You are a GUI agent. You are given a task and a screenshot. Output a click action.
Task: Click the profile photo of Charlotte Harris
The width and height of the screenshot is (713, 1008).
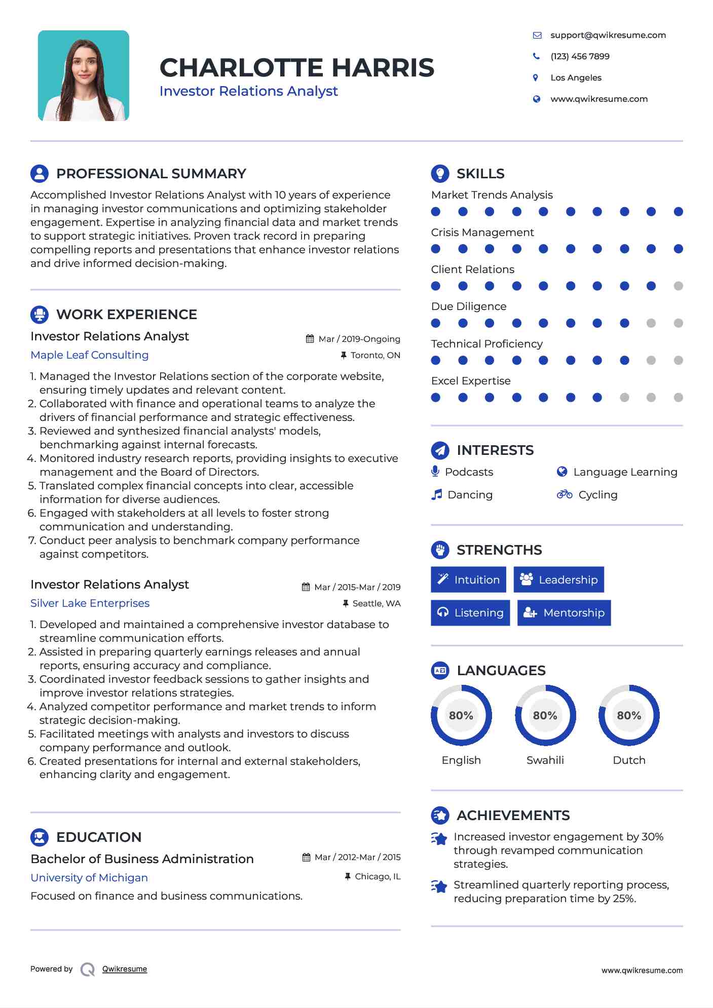[84, 75]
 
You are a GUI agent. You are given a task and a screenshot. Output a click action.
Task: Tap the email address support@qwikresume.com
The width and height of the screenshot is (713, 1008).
[608, 35]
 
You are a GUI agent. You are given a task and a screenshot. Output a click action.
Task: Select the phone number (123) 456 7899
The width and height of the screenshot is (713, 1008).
[580, 56]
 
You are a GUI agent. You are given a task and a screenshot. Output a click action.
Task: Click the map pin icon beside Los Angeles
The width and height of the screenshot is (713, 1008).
[536, 77]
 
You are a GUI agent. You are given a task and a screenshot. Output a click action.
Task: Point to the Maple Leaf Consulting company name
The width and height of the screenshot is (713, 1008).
[89, 355]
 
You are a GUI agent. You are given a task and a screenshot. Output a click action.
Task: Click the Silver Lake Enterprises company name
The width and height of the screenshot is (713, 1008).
[90, 603]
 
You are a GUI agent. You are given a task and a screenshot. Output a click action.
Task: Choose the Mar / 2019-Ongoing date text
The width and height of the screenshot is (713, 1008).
[359, 339]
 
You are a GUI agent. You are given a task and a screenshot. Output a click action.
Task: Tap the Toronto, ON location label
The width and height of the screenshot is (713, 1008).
[375, 355]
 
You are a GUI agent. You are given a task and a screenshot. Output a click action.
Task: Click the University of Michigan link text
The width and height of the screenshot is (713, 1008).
[89, 878]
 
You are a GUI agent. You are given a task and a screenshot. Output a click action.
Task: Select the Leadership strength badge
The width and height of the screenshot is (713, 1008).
[558, 579]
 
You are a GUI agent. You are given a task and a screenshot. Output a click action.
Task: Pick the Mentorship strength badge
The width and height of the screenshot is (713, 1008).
[564, 613]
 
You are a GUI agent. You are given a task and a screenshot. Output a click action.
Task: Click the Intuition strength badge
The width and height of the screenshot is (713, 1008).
[468, 579]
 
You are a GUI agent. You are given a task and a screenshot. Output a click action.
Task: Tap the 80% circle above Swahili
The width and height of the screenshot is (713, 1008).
[545, 715]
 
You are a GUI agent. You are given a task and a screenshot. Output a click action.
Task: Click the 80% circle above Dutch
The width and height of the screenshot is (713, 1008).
[629, 715]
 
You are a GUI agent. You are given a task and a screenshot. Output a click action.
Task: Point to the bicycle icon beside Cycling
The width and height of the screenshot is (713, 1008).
[564, 494]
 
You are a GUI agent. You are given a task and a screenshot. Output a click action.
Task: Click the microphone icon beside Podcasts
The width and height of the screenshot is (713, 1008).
[435, 472]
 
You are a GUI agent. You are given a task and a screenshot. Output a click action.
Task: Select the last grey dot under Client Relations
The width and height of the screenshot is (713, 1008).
[678, 286]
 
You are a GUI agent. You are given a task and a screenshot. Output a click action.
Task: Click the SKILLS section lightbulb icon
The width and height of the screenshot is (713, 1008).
[440, 173]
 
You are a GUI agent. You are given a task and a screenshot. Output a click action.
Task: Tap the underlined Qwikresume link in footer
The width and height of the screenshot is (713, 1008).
[125, 969]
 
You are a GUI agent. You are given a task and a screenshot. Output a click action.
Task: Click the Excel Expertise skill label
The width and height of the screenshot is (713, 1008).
[471, 381]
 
